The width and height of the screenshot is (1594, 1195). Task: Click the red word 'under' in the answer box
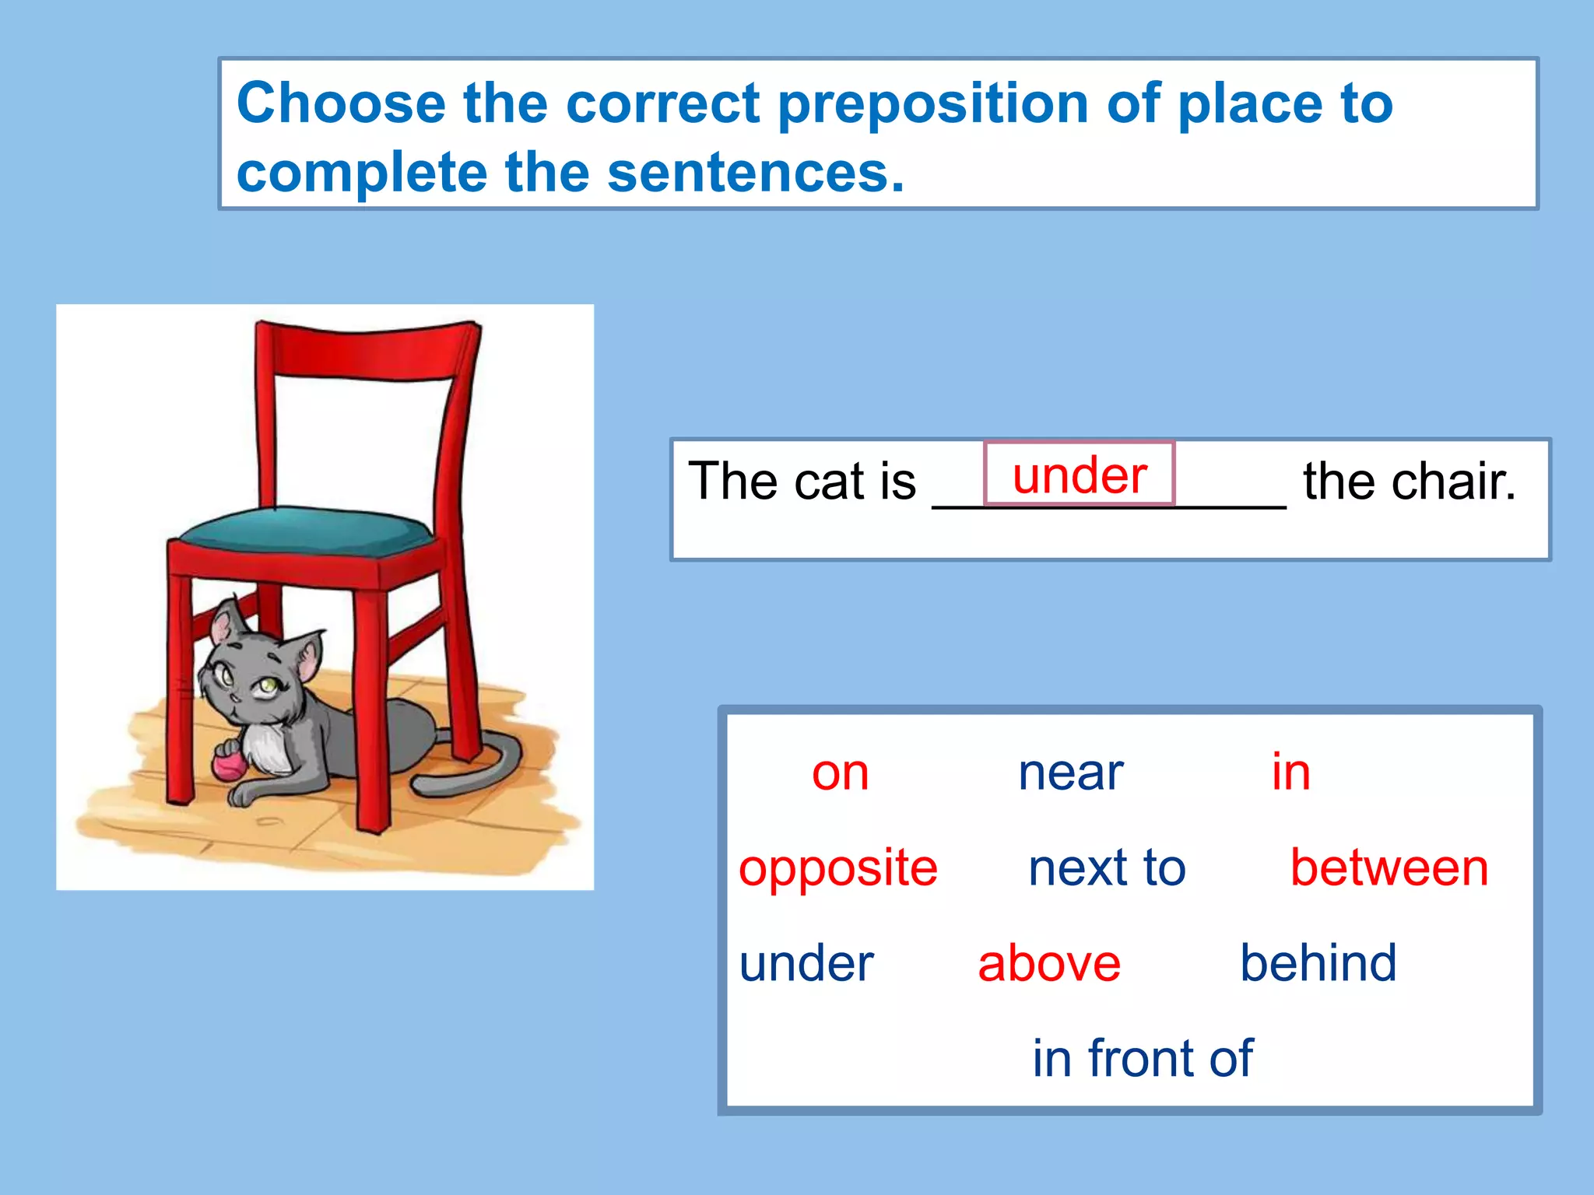(x=1079, y=475)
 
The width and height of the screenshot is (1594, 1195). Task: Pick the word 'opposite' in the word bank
(x=838, y=868)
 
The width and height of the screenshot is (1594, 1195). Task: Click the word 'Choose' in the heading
(x=341, y=103)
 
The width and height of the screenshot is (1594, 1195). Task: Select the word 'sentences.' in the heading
(x=756, y=173)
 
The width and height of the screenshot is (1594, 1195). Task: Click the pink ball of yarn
(x=229, y=764)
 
